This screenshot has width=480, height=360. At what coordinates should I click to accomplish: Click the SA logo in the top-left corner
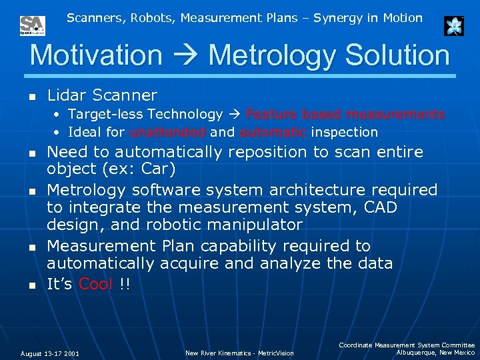tap(32, 25)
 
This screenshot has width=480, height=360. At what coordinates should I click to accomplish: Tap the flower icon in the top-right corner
tap(454, 26)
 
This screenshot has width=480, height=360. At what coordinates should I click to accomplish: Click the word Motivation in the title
tap(96, 55)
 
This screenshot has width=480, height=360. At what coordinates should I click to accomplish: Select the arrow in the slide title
tap(185, 56)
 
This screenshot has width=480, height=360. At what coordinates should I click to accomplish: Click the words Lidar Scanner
tap(102, 96)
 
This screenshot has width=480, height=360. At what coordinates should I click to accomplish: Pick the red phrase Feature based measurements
tap(345, 115)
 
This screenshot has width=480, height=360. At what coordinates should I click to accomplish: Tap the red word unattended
tap(168, 132)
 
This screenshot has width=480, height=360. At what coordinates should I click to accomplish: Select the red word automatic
tap(273, 132)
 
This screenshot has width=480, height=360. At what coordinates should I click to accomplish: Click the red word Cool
tap(96, 284)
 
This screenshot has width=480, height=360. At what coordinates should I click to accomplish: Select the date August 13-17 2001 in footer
tap(50, 353)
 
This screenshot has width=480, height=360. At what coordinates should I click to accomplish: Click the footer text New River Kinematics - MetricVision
tap(239, 353)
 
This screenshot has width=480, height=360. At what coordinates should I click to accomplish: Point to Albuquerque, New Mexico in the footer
tap(435, 353)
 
